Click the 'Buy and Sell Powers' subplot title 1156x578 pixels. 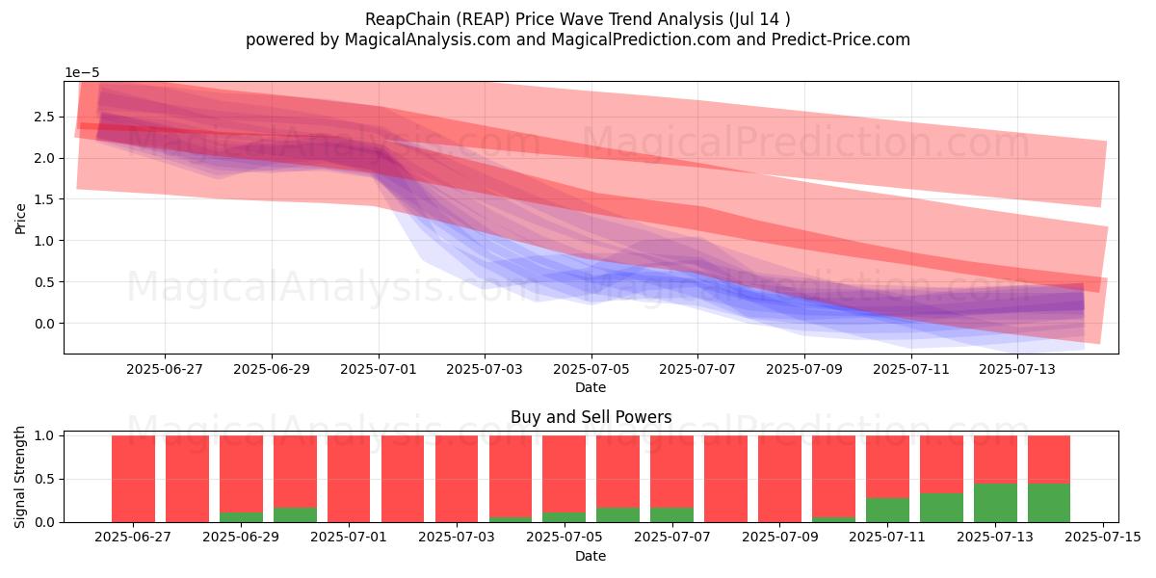pos(591,417)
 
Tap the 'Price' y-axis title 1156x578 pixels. pos(20,219)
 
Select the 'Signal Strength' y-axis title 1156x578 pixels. pos(19,478)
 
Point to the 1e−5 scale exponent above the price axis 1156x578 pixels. pos(82,73)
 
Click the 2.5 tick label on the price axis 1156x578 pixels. pos(44,117)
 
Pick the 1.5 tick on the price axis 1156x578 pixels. pos(44,199)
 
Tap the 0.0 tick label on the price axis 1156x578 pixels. pos(44,324)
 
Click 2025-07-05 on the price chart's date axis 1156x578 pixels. pos(591,370)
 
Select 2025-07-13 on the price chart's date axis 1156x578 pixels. pos(1017,370)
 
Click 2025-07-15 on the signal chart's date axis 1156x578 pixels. pos(1103,538)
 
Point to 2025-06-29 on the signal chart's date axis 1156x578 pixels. pos(241,538)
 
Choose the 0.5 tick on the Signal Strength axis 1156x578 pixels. pos(44,479)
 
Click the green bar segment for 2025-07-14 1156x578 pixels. pos(1049,503)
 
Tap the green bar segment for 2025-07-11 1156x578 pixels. pos(887,510)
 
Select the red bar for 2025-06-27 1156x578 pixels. pos(133,479)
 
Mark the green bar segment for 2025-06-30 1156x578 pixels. pos(295,515)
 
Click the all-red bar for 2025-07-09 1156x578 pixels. pos(779,479)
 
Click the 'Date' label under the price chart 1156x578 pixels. pos(591,387)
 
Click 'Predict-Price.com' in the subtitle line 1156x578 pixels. pos(841,39)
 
